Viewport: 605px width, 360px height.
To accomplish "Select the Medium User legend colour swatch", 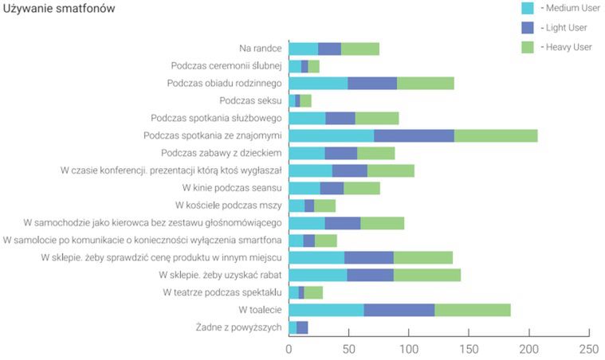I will tap(527, 9).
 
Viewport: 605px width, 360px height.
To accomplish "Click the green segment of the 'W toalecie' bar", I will tap(473, 310).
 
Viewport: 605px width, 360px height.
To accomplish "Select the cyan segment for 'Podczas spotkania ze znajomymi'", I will tap(332, 135).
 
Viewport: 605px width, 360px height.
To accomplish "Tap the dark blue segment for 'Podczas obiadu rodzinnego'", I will tap(372, 83).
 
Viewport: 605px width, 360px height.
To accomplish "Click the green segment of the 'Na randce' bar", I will tap(360, 49).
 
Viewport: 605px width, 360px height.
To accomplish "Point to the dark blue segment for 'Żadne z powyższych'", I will tap(302, 327).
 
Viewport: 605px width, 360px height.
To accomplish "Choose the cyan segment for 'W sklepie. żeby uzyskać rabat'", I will tap(318, 275).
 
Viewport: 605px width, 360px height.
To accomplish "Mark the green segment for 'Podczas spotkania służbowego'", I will tap(377, 118).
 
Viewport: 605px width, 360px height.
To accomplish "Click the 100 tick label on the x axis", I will tap(409, 348).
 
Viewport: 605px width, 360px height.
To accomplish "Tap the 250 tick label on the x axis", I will tap(589, 348).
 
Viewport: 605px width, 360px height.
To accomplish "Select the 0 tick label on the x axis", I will tap(289, 348).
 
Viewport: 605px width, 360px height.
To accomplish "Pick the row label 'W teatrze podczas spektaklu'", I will tap(222, 292).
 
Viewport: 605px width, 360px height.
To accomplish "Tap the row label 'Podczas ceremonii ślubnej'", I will tap(226, 65).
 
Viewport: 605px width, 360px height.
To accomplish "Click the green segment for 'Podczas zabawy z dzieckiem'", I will tap(376, 153).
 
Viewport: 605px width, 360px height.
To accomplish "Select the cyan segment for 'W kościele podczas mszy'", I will tap(297, 205).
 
